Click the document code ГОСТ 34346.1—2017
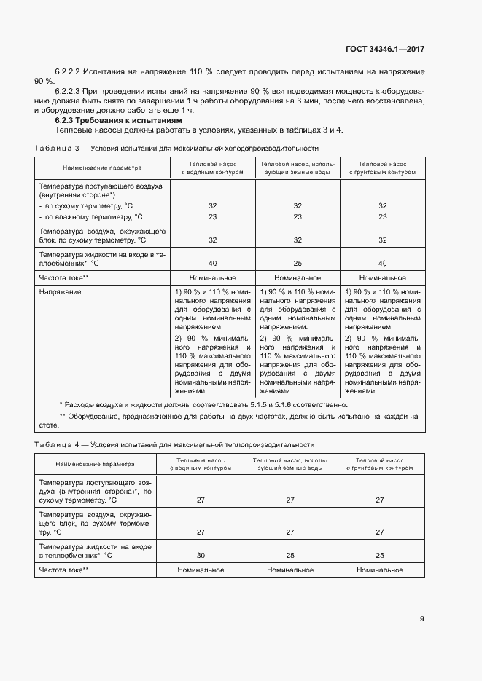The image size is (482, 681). pos(384,50)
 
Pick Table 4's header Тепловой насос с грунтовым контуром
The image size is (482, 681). pos(380,464)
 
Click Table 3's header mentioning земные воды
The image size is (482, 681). pos(297,168)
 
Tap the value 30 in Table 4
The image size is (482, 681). pos(200,555)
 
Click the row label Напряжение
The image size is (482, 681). pos(61,291)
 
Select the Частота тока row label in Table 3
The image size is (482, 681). pos(64,277)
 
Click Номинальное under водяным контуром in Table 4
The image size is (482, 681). pos(200,570)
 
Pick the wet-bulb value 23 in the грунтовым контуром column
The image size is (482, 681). pos(382,216)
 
